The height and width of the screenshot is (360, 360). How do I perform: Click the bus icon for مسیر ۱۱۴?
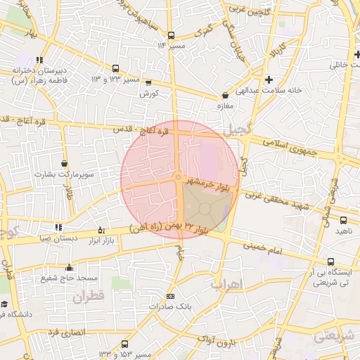point(171,35)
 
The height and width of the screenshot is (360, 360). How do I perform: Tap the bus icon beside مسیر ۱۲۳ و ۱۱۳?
point(115,69)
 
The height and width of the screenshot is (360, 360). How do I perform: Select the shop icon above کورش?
point(148,82)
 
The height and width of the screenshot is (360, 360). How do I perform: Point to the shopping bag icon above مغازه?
point(225,95)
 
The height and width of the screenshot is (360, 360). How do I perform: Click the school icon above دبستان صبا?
point(58,227)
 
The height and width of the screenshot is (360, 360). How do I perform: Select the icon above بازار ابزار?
point(101,229)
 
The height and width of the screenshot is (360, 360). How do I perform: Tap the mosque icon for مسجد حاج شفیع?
point(69,267)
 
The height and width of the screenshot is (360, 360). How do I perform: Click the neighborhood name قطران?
point(88,297)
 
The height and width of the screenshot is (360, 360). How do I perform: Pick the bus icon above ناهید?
point(342,220)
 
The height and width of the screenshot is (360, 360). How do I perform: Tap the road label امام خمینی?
point(263,247)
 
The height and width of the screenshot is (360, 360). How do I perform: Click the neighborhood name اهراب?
point(226,284)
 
